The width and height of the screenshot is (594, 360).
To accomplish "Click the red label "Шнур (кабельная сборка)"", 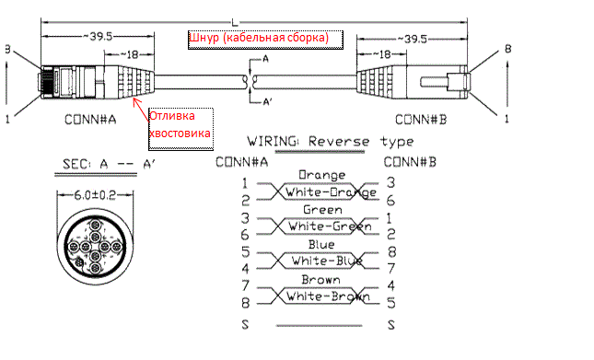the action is [x=259, y=38].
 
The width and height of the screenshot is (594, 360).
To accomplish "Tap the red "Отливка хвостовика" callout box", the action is [x=181, y=129].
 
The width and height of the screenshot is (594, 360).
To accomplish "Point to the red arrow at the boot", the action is [x=141, y=110].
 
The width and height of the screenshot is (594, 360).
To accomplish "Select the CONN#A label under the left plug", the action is [x=90, y=120].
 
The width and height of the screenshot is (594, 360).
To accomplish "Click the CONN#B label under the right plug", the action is [x=421, y=120].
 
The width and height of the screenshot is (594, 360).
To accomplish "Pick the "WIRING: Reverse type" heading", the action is [x=331, y=141].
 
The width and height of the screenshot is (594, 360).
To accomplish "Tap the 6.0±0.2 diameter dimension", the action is [x=95, y=195].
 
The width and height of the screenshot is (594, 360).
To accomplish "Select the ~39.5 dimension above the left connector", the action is [x=98, y=36].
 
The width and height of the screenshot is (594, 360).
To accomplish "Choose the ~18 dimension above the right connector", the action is [x=381, y=54].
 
